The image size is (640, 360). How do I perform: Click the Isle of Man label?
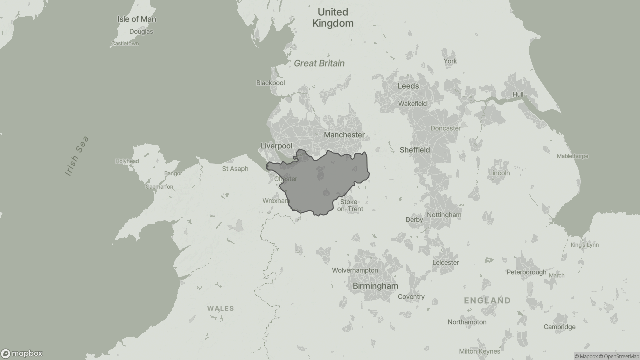click(137, 19)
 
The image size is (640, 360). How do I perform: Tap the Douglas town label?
click(141, 32)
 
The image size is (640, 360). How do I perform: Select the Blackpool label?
click(271, 83)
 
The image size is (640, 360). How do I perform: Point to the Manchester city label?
click(344, 135)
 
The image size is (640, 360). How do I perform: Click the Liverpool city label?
click(276, 146)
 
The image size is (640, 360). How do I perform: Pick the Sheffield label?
click(415, 150)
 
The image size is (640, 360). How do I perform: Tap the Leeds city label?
click(408, 86)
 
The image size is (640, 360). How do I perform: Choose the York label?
click(450, 61)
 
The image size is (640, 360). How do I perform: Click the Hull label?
click(518, 94)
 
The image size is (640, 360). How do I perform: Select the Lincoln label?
click(499, 173)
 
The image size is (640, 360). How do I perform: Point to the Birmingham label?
click(375, 286)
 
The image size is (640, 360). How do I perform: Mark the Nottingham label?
click(444, 215)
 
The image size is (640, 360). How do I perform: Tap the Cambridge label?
click(559, 327)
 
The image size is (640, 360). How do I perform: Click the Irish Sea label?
click(77, 156)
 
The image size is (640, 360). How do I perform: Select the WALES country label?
click(221, 308)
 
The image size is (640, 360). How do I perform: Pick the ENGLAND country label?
click(487, 300)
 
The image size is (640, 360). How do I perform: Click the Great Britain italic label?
click(319, 63)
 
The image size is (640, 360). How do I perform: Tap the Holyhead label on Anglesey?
click(127, 161)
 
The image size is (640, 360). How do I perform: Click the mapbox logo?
click(22, 353)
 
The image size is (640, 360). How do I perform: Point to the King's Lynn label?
click(584, 245)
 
